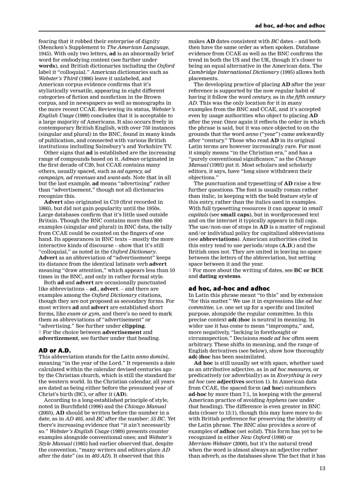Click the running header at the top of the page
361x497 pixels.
290,26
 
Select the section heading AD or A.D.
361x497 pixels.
55,350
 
